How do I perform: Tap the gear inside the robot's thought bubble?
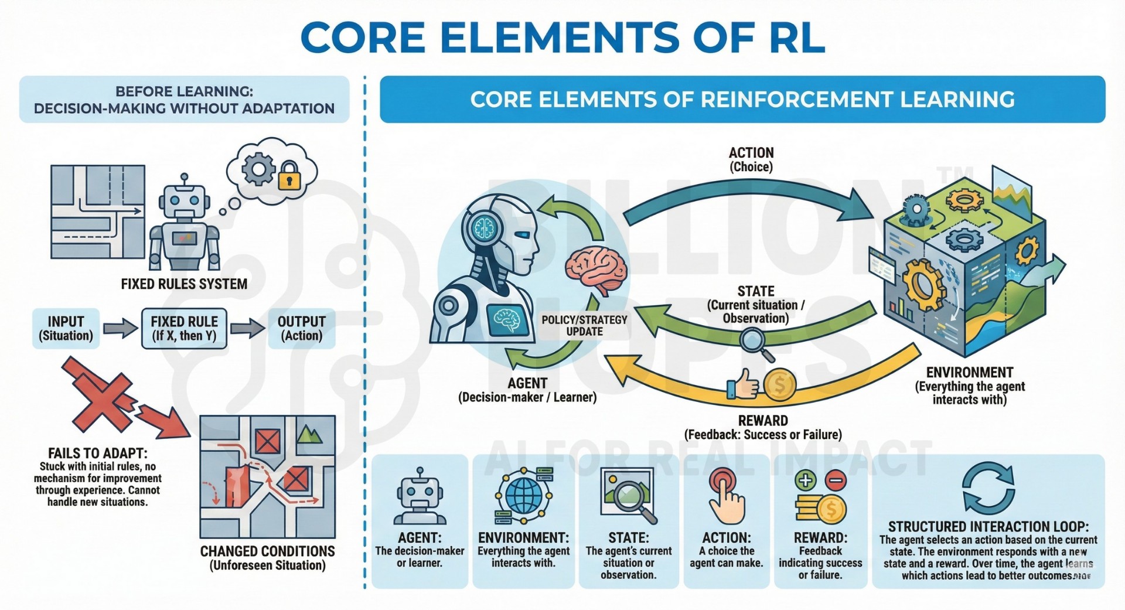click(258, 169)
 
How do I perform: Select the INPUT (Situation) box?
click(66, 328)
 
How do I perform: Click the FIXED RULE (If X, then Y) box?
click(184, 328)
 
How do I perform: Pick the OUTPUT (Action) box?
click(301, 328)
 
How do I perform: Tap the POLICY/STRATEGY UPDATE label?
click(584, 325)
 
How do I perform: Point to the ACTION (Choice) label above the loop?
click(751, 159)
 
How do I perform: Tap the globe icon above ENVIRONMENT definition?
click(523, 495)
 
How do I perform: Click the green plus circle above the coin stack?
click(806, 480)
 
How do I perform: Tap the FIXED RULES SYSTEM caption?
click(184, 284)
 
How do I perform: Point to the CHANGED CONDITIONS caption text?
click(268, 551)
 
